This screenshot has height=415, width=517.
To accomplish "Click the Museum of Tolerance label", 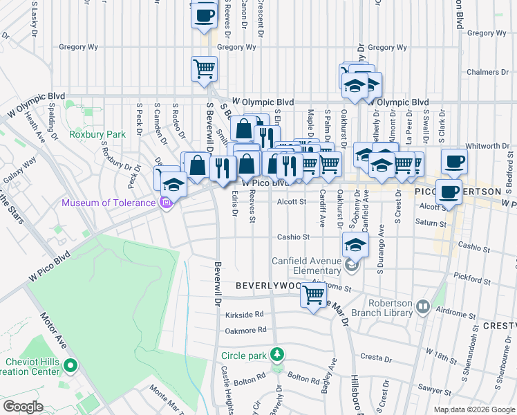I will (x=109, y=203).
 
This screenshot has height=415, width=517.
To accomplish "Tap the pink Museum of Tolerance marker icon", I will (x=164, y=203).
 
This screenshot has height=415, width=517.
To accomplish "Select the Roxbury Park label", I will (x=97, y=134).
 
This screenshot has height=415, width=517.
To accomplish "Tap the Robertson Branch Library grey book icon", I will (x=422, y=304).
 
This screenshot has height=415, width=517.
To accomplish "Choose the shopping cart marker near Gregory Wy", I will (x=204, y=69).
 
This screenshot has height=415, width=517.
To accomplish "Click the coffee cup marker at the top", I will (x=204, y=15).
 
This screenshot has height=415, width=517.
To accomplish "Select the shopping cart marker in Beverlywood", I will (x=314, y=295).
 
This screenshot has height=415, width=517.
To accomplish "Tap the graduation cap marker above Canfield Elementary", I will (x=355, y=245).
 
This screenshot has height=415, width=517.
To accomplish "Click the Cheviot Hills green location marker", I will (x=70, y=365).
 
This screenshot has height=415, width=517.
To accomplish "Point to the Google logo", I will (x=23, y=407).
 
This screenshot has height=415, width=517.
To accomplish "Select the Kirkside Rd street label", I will (x=245, y=314).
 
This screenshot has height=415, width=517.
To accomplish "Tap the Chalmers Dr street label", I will (x=482, y=72).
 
